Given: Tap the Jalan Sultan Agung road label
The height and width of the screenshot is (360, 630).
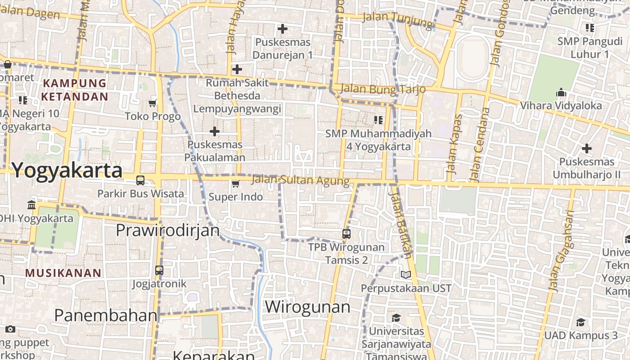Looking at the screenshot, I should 300,180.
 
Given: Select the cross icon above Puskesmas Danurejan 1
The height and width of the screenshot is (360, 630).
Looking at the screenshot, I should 282,29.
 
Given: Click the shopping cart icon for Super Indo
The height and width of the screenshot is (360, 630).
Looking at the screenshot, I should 235,184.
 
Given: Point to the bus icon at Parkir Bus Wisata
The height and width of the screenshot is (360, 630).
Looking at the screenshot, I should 140,180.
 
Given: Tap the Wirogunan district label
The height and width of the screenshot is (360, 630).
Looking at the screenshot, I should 307,307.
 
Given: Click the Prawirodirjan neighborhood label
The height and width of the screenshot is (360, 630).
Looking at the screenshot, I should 167,230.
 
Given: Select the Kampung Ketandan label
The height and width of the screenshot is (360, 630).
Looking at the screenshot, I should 75,90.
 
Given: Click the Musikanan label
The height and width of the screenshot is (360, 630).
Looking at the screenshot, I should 63,273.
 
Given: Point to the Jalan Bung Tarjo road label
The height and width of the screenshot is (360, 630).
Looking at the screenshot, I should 382,89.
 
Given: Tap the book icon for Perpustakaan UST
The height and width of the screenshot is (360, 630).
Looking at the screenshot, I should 406,274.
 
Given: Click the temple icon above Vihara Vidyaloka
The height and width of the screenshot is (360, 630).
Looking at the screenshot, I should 561,93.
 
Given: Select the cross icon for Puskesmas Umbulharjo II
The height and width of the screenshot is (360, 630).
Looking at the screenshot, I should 586,148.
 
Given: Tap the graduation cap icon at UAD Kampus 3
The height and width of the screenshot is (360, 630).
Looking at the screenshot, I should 581,322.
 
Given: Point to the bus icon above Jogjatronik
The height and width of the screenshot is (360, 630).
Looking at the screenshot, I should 159,270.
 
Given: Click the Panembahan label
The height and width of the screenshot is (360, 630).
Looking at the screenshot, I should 106,315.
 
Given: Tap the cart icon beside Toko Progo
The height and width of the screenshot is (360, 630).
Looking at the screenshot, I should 153,103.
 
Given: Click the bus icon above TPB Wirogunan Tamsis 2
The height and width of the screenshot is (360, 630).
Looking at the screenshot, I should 346,234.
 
